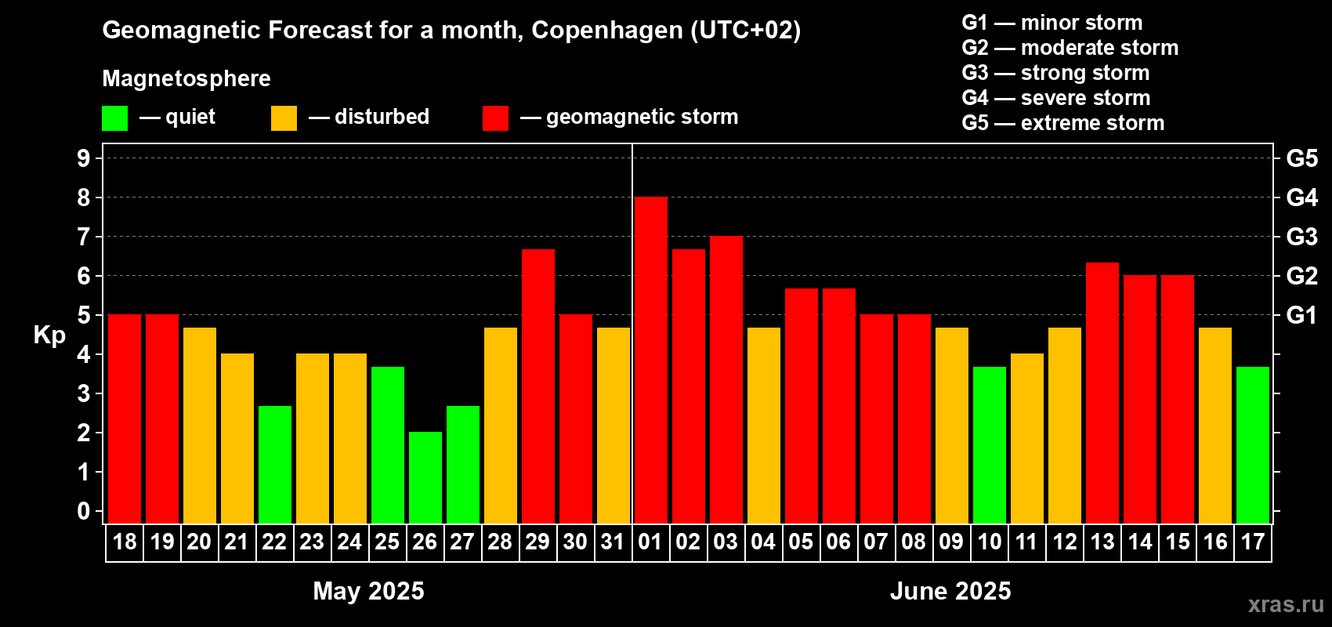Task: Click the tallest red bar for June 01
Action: coord(650,361)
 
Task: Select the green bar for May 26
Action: coord(425,477)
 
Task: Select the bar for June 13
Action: coord(1102,393)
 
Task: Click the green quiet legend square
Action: coord(114,118)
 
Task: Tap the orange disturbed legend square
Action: coord(284,118)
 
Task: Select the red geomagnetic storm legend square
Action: coord(495,118)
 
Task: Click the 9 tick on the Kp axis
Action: coord(84,158)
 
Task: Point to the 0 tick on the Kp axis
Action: coord(84,512)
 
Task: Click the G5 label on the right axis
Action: coord(1301,158)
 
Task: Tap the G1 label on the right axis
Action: coord(1301,315)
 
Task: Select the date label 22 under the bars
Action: coord(274,542)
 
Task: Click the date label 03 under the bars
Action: coord(726,542)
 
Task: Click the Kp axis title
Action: coord(49,335)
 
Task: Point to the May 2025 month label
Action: coord(368,591)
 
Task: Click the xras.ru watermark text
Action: coord(1285,604)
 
